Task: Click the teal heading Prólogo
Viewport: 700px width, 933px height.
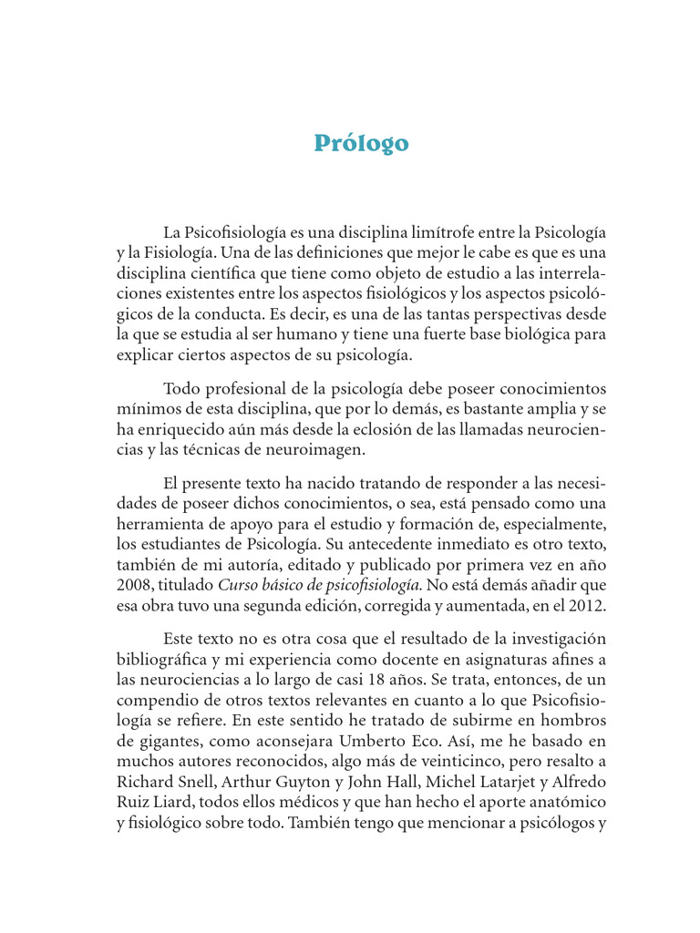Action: [361, 144]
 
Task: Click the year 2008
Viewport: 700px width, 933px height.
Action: [134, 584]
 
